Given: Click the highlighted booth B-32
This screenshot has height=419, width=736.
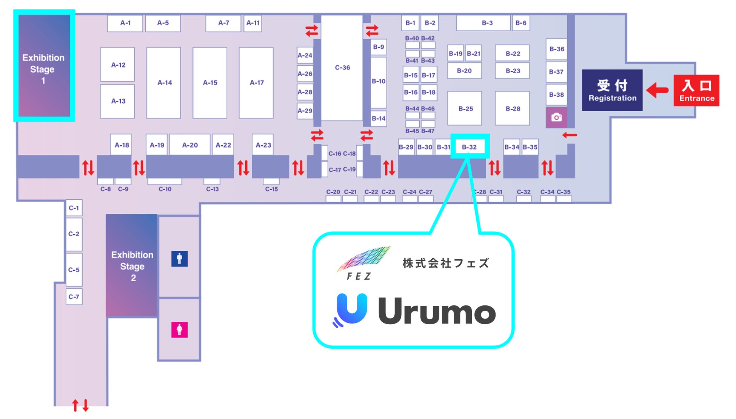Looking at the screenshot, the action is pyautogui.click(x=470, y=147).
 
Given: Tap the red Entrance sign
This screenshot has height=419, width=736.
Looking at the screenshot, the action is pyautogui.click(x=696, y=91).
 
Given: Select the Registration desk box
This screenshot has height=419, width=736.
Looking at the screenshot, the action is pyautogui.click(x=612, y=90).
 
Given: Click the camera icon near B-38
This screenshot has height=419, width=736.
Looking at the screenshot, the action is pyautogui.click(x=556, y=117).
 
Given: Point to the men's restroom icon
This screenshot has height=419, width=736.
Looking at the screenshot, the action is pyautogui.click(x=179, y=259).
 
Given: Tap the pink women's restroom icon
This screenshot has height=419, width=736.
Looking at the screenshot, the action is pyautogui.click(x=179, y=330).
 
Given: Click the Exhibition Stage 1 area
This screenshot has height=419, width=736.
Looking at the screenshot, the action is pyautogui.click(x=44, y=66).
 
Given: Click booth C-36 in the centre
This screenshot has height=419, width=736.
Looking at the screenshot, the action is pyautogui.click(x=342, y=68).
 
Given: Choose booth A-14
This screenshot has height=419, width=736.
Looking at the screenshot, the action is pyautogui.click(x=164, y=83).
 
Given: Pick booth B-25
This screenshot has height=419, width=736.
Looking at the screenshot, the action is pyautogui.click(x=465, y=109).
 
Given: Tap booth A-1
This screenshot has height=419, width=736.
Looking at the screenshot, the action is pyautogui.click(x=125, y=23).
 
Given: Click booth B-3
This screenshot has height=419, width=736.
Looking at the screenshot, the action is pyautogui.click(x=487, y=23).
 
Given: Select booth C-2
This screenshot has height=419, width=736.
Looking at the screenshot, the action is pyautogui.click(x=74, y=234).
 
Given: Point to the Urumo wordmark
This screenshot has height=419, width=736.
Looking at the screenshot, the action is pyautogui.click(x=436, y=312).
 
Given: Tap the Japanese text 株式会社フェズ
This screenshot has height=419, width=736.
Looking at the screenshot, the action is pyautogui.click(x=445, y=263).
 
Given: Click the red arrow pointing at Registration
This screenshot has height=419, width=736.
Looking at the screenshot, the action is pyautogui.click(x=657, y=90).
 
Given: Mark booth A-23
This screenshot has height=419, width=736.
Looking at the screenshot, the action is pyautogui.click(x=263, y=145).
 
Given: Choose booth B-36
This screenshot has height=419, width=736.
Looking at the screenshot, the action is pyautogui.click(x=556, y=49).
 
